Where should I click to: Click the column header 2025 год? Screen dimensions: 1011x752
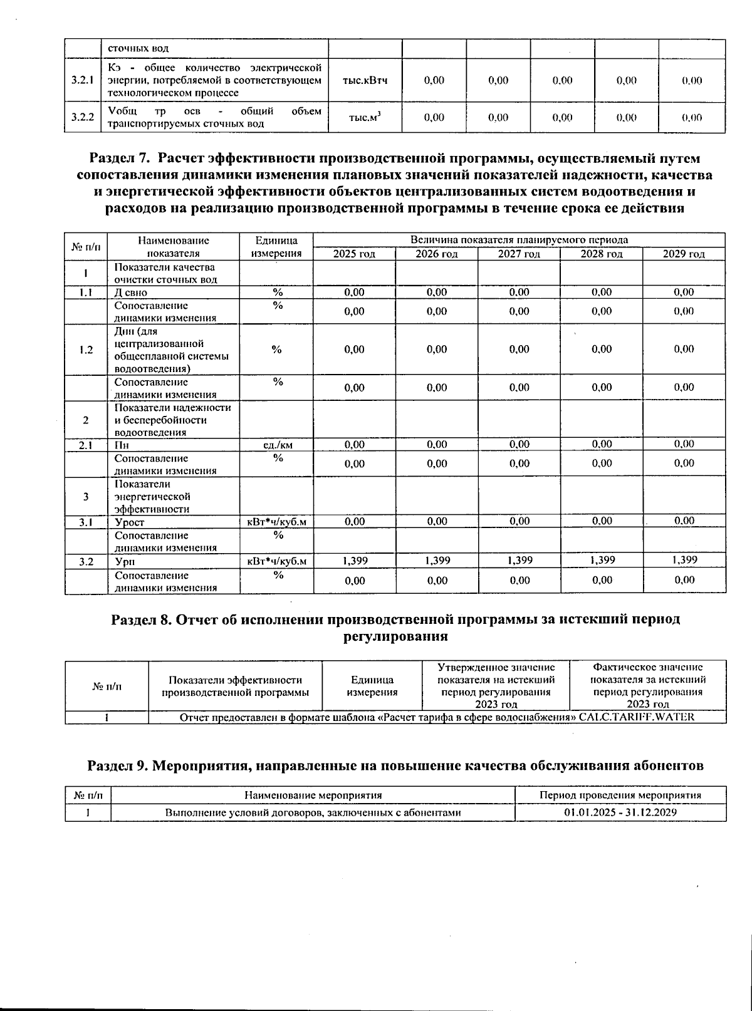[354, 254]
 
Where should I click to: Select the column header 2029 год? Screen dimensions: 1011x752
[684, 254]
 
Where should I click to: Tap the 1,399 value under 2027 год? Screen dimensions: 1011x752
[520, 561]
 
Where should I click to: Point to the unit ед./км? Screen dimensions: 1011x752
[276, 445]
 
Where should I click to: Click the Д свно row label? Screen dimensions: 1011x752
[130, 293]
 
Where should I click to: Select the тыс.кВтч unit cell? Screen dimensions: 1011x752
[365, 80]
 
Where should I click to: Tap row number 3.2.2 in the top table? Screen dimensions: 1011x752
[82, 117]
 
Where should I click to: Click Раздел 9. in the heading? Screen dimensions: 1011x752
[117, 765]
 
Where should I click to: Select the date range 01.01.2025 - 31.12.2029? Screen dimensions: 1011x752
[620, 812]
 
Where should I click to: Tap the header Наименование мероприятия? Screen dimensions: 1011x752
[313, 795]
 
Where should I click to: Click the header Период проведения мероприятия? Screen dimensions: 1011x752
[620, 795]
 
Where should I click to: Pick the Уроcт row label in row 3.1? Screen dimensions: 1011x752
[129, 522]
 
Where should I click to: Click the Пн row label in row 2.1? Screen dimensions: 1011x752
[122, 445]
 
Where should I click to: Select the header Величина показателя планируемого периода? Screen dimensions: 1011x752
[519, 240]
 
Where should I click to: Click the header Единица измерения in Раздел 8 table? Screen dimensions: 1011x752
[372, 686]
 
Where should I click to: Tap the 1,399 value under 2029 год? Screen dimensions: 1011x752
[684, 561]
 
